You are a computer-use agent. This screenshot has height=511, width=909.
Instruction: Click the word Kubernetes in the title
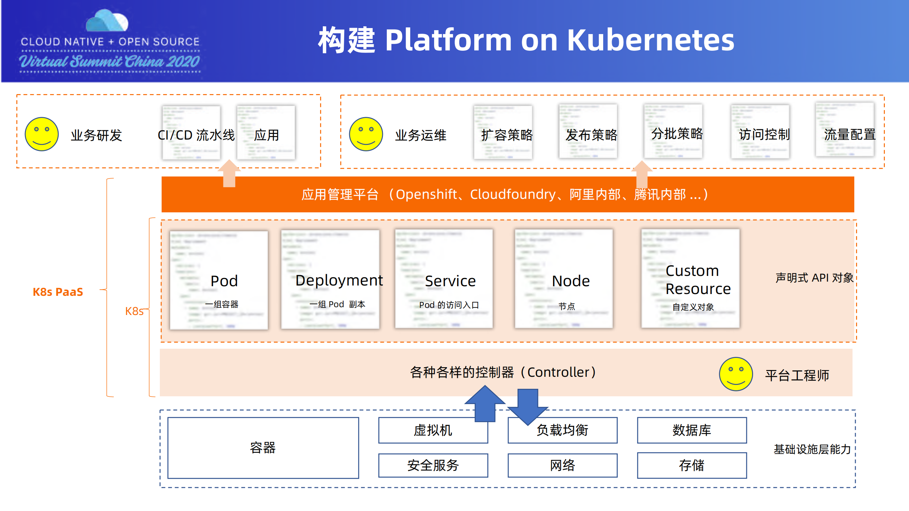pyautogui.click(x=650, y=40)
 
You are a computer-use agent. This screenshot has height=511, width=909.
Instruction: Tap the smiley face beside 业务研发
pyautogui.click(x=42, y=134)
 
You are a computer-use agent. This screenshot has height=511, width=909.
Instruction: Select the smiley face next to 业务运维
pyautogui.click(x=366, y=134)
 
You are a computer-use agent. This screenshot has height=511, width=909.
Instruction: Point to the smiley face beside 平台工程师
pyautogui.click(x=736, y=374)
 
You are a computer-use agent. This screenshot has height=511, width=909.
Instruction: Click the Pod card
pyautogui.click(x=219, y=280)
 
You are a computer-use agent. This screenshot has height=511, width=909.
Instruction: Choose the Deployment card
pyautogui.click(x=330, y=279)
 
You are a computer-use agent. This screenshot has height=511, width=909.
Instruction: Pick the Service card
pyautogui.click(x=444, y=279)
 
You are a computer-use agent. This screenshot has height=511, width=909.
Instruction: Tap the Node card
pyautogui.click(x=564, y=279)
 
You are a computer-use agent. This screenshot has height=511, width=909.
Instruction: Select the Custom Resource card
pyautogui.click(x=690, y=279)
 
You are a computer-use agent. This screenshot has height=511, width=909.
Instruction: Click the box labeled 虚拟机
pyautogui.click(x=433, y=430)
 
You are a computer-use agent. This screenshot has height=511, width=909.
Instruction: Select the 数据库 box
pyautogui.click(x=692, y=430)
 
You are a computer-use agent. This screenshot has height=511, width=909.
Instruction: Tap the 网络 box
pyautogui.click(x=562, y=465)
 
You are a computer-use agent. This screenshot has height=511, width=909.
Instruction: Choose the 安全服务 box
pyautogui.click(x=433, y=465)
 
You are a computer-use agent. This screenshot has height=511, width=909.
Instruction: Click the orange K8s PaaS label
pyautogui.click(x=58, y=292)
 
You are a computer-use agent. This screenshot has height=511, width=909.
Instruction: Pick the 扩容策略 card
pyautogui.click(x=503, y=132)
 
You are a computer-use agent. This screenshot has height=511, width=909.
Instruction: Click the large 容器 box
pyautogui.click(x=263, y=448)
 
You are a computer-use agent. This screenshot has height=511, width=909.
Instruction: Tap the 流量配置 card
pyautogui.click(x=845, y=130)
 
